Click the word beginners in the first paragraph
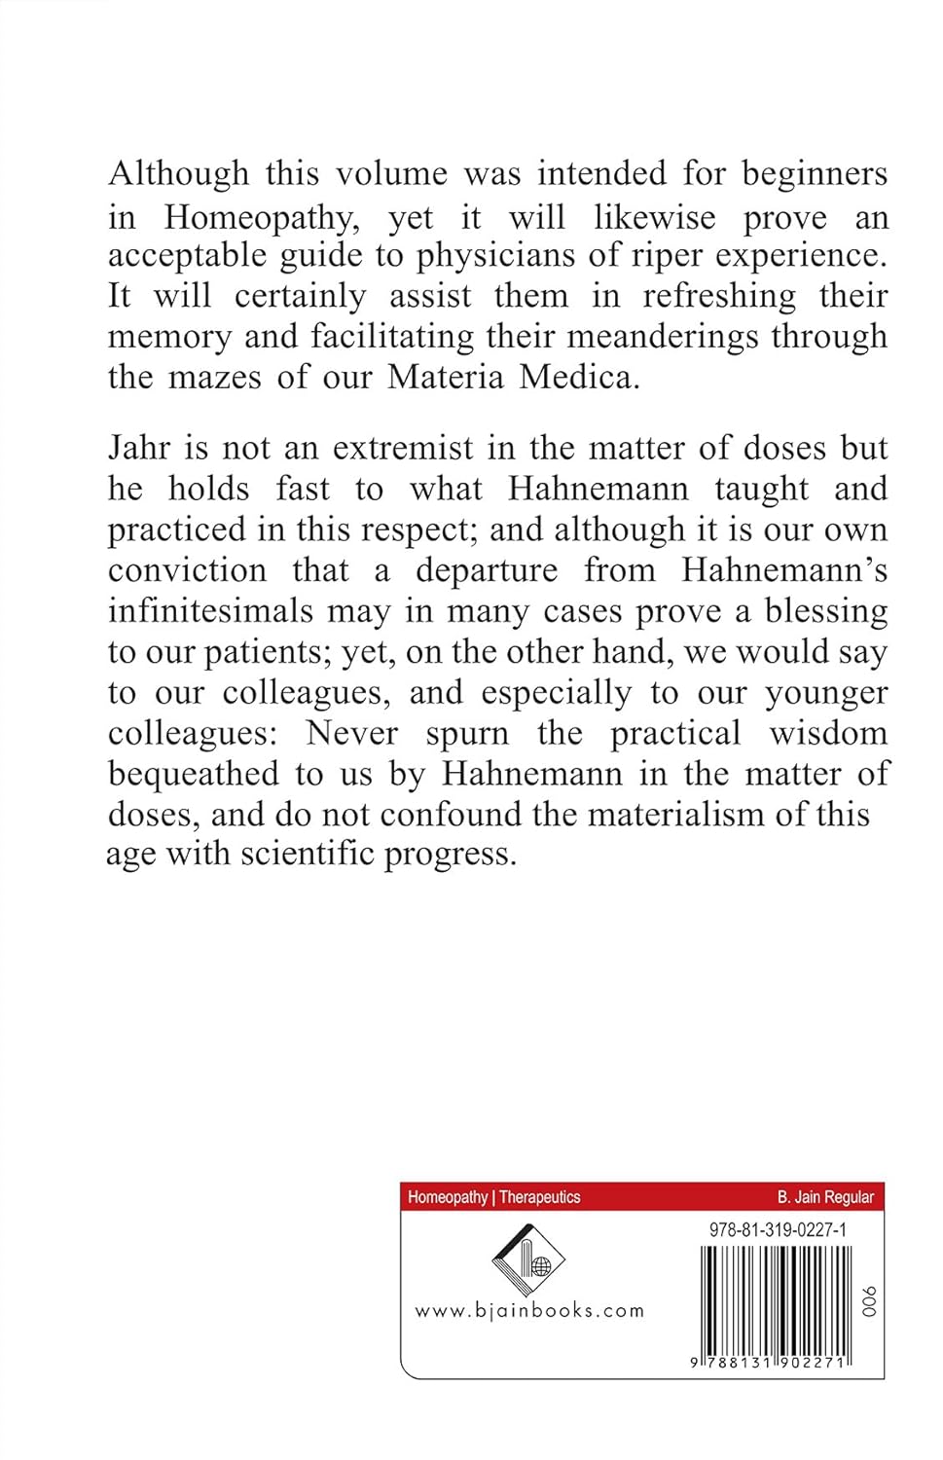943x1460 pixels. tap(815, 175)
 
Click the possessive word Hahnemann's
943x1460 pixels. tap(784, 569)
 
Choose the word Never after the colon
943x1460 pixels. tap(351, 733)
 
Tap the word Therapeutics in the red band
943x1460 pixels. tap(540, 1197)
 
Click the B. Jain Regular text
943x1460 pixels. tap(825, 1197)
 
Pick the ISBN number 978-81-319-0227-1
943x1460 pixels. tap(779, 1230)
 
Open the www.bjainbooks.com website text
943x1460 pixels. tap(529, 1311)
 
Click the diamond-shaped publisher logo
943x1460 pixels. tap(528, 1262)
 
